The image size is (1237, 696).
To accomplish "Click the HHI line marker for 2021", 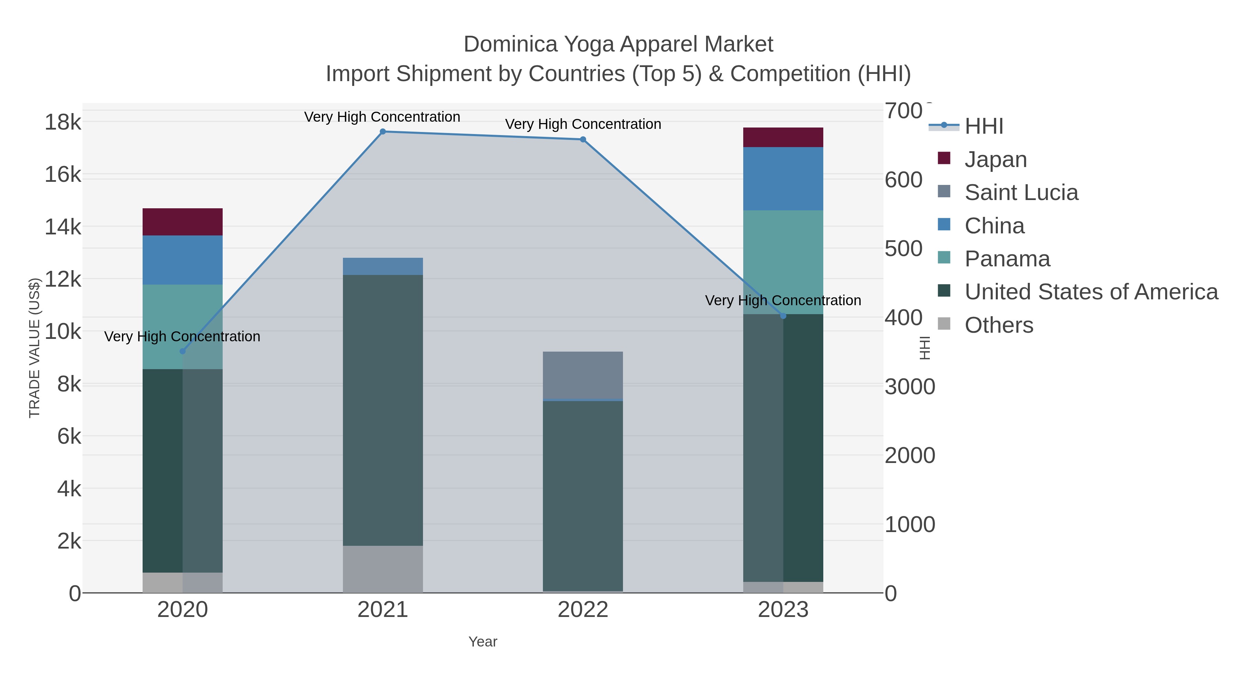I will (383, 132).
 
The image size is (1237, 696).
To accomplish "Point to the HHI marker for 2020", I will (182, 352).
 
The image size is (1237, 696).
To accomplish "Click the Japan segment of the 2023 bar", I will (783, 137).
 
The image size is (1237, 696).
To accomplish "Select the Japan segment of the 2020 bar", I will (182, 222).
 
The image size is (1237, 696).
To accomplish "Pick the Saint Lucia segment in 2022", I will (583, 375).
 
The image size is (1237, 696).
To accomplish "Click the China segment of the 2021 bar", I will (383, 266).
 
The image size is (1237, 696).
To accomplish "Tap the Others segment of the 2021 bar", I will (383, 569).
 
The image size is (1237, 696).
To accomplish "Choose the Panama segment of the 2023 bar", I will (783, 262).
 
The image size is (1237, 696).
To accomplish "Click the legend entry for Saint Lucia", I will (1021, 192).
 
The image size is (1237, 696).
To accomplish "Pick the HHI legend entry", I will (983, 126).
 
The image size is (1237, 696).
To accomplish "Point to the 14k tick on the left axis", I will (63, 227).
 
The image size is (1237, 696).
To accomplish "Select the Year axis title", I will (483, 642).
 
